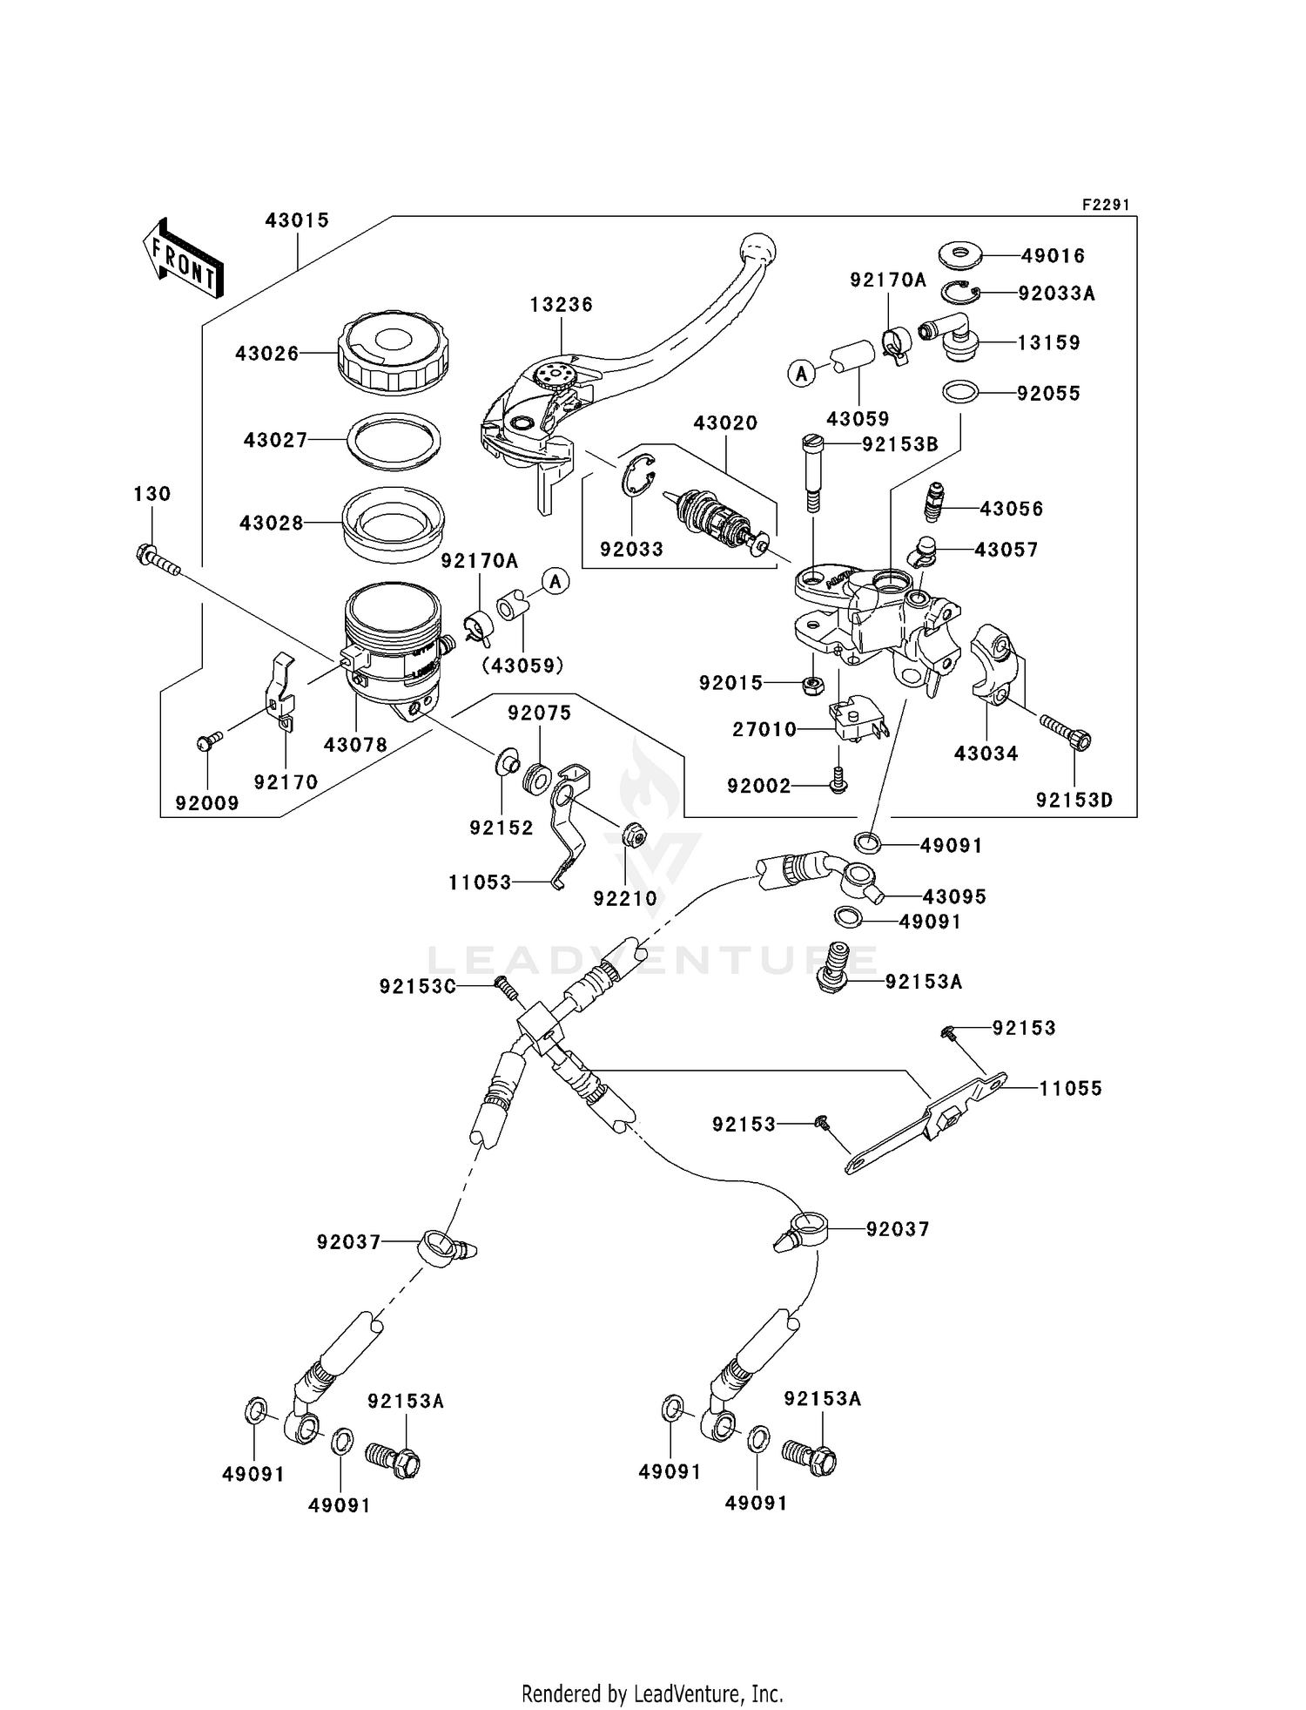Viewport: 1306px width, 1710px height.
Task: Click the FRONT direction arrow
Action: [x=184, y=258]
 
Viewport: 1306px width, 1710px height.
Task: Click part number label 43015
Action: [x=297, y=220]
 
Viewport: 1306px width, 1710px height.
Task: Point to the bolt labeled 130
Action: [x=158, y=559]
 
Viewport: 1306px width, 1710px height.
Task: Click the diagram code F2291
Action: [x=1105, y=205]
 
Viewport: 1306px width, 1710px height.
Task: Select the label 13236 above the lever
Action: [x=561, y=305]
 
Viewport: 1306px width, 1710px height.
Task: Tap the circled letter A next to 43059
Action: [x=801, y=374]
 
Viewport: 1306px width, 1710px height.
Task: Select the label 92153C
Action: [x=417, y=986]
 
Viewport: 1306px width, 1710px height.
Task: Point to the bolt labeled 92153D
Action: [x=1067, y=733]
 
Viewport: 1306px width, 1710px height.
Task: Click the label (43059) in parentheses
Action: [x=522, y=666]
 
